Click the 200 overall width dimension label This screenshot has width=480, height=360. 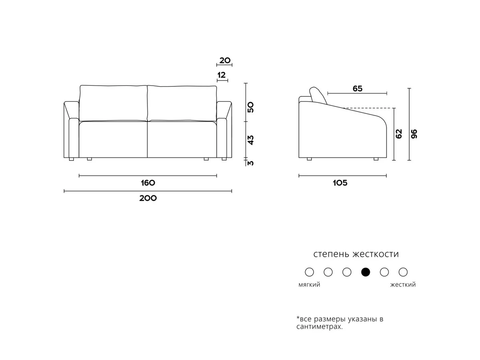pyautogui.click(x=148, y=198)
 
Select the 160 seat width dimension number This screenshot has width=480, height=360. pyautogui.click(x=148, y=183)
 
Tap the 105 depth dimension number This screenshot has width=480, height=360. pyautogui.click(x=340, y=183)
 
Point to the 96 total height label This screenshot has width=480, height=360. pyautogui.click(x=414, y=134)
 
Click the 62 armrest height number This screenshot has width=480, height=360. pyautogui.click(x=399, y=134)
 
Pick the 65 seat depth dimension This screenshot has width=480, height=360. pyautogui.click(x=358, y=88)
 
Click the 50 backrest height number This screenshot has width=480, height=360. pyautogui.click(x=251, y=107)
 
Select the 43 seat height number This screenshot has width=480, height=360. pyautogui.click(x=251, y=140)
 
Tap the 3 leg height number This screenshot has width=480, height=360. pyautogui.click(x=251, y=163)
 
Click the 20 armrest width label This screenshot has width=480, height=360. pyautogui.click(x=225, y=60)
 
